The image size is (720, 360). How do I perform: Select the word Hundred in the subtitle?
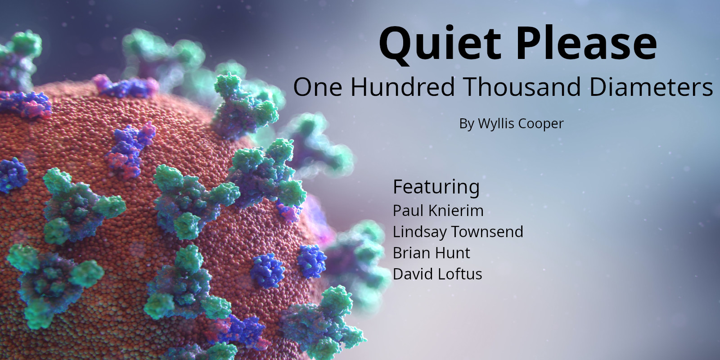402,87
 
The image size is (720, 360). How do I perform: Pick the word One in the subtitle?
318,87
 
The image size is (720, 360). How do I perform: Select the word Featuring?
436,187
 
